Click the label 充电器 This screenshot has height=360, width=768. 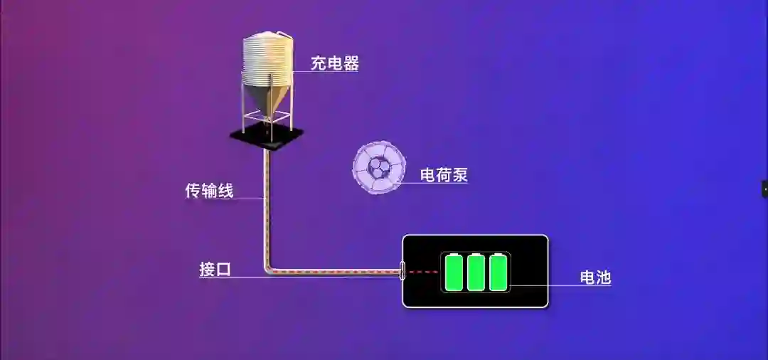click(x=334, y=63)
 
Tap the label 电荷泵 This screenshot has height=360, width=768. click(x=444, y=174)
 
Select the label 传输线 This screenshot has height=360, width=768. click(x=209, y=191)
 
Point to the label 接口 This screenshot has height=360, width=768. click(x=215, y=270)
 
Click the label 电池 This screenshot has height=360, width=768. click(x=595, y=277)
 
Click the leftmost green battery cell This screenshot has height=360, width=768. click(x=454, y=272)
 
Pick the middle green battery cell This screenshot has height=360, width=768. click(x=476, y=272)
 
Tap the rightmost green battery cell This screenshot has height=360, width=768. click(x=498, y=272)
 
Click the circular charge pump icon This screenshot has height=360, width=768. click(x=379, y=167)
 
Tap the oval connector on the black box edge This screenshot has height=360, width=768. click(x=402, y=271)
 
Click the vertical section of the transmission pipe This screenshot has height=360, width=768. click(x=267, y=206)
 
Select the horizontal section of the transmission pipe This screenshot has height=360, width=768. click(x=334, y=271)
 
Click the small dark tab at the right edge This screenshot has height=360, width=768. click(x=764, y=189)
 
